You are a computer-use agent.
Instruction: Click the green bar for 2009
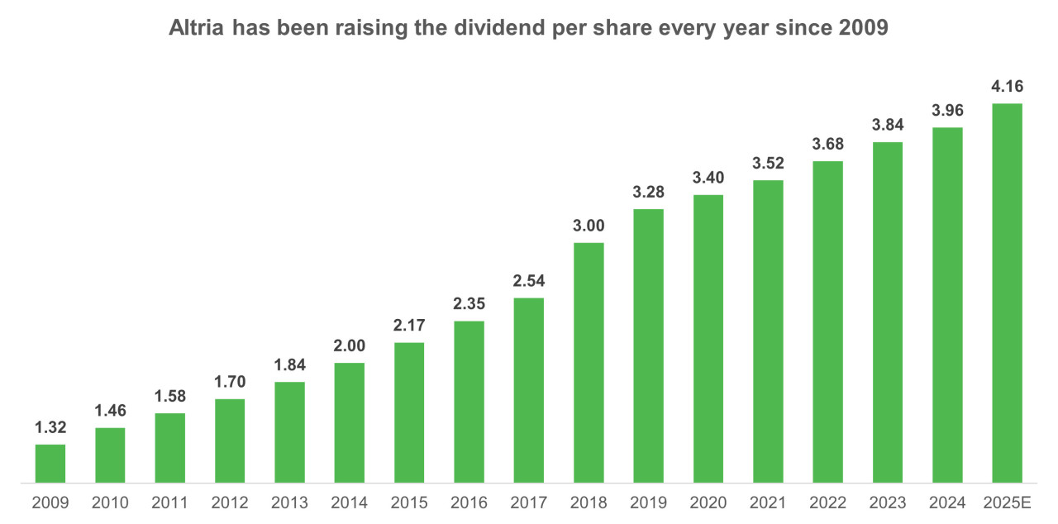point(50,463)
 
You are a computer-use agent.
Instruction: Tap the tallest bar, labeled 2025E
point(1008,293)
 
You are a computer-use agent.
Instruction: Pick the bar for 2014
point(349,422)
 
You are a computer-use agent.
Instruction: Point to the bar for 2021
point(768,331)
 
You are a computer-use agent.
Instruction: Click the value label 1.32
point(50,428)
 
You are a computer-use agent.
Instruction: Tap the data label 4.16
point(1008,87)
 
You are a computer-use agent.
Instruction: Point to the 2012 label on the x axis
point(230,503)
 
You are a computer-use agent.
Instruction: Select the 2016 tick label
point(469,503)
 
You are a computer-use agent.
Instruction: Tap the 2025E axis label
point(1008,503)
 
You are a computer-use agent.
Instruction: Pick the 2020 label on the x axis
point(708,503)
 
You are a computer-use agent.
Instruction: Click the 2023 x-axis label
point(888,503)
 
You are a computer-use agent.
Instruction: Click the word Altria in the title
point(197,28)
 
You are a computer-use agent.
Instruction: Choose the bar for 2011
point(169,447)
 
